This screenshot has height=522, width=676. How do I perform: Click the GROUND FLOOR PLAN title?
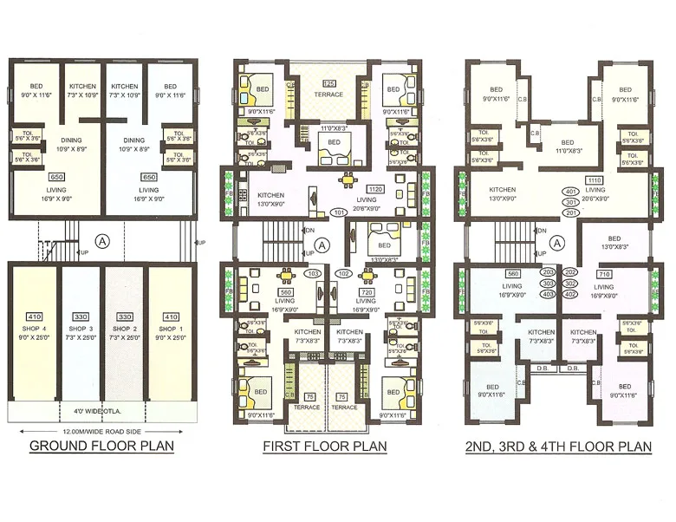pyautogui.click(x=102, y=447)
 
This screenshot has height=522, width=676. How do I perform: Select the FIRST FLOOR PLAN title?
pyautogui.click(x=325, y=447)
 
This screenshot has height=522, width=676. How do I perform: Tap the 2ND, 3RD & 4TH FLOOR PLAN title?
pyautogui.click(x=556, y=447)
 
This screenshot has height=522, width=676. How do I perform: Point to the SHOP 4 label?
pyautogui.click(x=34, y=330)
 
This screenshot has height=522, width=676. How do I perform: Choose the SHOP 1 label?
pyautogui.click(x=170, y=330)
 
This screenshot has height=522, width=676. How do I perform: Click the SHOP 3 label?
pyautogui.click(x=80, y=330)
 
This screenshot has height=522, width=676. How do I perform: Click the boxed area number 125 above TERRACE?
pyautogui.click(x=328, y=83)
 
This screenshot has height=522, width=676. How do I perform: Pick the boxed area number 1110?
pyautogui.click(x=594, y=179)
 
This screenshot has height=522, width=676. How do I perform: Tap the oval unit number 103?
pyautogui.click(x=313, y=273)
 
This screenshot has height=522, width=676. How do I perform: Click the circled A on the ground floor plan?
pyautogui.click(x=102, y=239)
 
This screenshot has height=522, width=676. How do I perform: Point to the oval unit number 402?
pyautogui.click(x=570, y=294)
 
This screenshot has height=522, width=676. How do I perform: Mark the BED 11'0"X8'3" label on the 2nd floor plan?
pyautogui.click(x=568, y=147)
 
